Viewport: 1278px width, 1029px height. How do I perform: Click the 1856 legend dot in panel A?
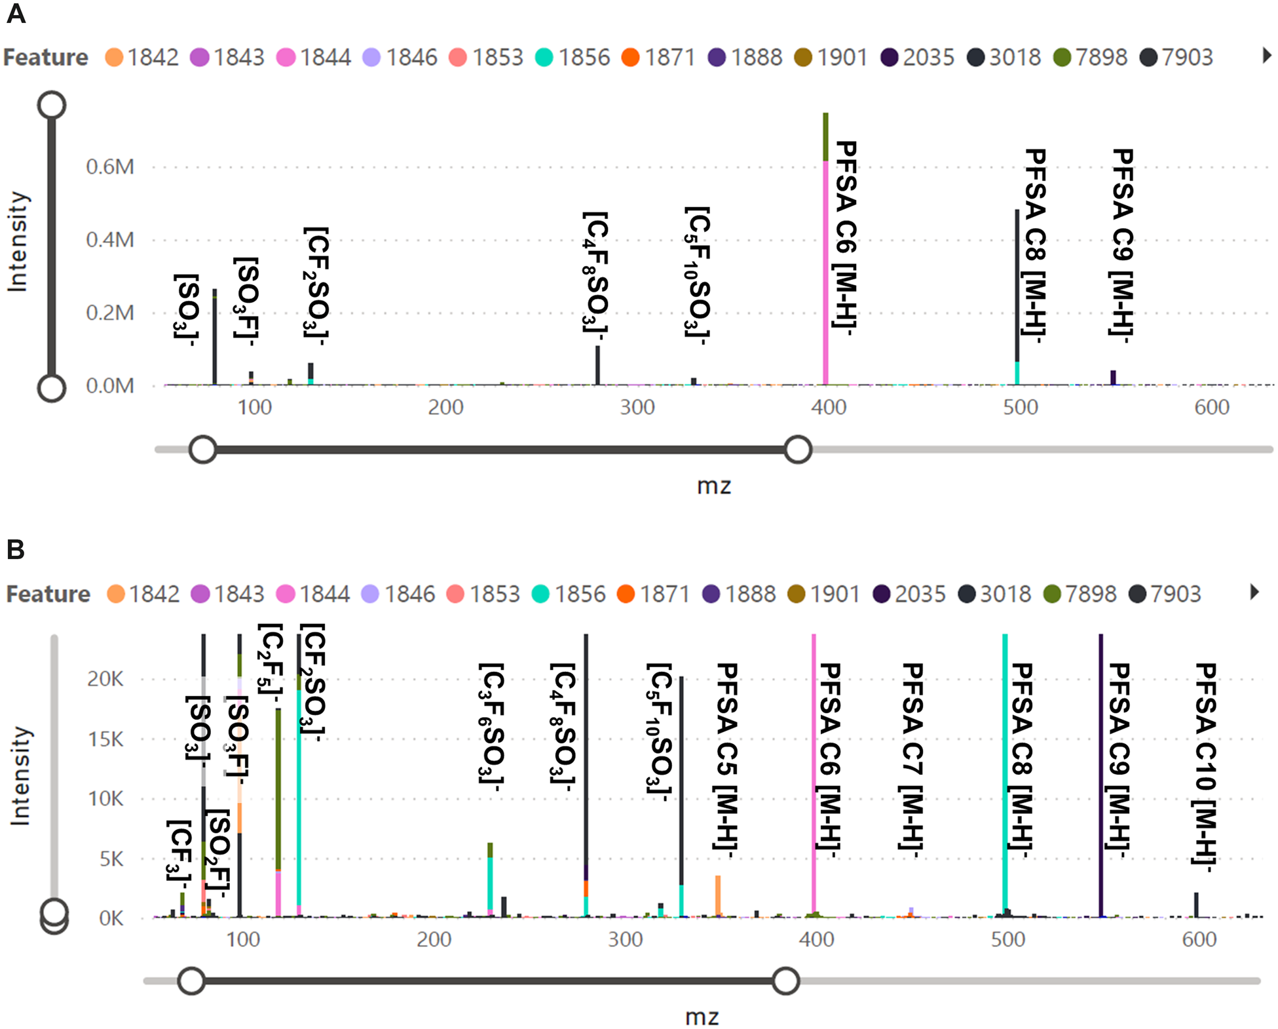pos(544,58)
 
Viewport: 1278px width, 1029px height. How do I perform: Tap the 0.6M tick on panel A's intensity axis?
pos(109,167)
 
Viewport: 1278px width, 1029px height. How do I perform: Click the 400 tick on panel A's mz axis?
pos(829,407)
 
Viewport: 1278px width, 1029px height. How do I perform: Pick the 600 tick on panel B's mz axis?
pos(1199,939)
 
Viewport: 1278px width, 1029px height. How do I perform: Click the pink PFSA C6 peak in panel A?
pos(825,275)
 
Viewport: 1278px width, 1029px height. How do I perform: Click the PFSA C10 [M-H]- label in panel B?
pos(1205,767)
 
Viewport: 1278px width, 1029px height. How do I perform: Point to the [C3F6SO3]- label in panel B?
pos(491,724)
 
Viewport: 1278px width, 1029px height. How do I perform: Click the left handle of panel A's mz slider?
pos(203,450)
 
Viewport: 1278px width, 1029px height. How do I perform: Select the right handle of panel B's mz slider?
pos(785,981)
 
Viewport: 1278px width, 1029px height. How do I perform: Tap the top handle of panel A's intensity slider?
pos(52,105)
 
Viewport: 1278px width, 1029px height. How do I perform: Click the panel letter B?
pos(15,549)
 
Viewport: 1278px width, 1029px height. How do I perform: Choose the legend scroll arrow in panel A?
pos(1267,56)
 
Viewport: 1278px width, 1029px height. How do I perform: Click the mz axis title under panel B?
pos(702,1017)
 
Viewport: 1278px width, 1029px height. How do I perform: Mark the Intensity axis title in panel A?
pos(18,241)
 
